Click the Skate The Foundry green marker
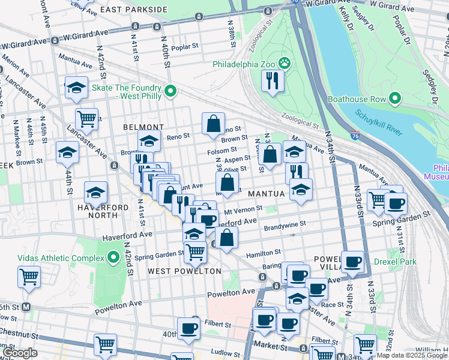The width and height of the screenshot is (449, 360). coord(170,91)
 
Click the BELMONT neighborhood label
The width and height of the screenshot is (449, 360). coord(143,127)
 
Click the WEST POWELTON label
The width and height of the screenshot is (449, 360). coord(184,272)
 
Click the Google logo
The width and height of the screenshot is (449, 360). coord(20,353)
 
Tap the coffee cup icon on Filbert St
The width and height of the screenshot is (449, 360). coord(188,328)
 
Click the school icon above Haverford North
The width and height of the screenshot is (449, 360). coord(95,193)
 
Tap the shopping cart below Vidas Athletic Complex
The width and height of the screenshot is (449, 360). coord(29,277)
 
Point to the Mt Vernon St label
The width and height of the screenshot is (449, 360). coord(243,211)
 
